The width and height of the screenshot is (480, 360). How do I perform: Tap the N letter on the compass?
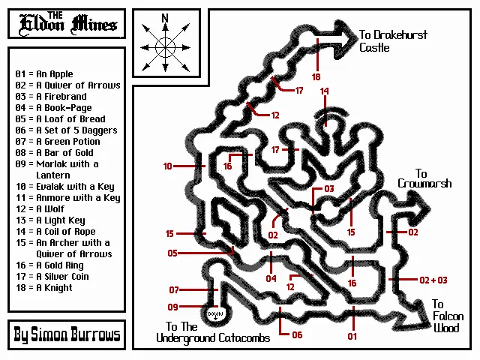(x=165, y=18)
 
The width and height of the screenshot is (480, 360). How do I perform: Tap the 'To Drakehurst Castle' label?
(x=385, y=41)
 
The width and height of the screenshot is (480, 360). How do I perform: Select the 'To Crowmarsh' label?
(x=424, y=178)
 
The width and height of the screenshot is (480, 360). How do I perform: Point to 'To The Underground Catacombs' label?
(x=213, y=332)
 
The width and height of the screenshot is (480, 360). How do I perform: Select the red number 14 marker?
(x=325, y=91)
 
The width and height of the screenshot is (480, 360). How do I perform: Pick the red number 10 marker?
(x=167, y=166)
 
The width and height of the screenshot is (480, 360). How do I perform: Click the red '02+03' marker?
(x=433, y=280)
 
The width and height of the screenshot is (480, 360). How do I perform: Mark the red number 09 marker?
(x=174, y=307)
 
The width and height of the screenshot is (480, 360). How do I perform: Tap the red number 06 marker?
(x=297, y=334)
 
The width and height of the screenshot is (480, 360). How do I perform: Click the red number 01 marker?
(x=352, y=336)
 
